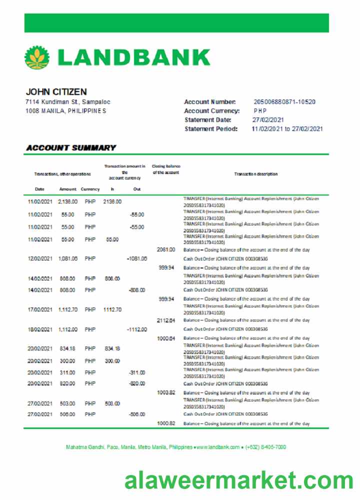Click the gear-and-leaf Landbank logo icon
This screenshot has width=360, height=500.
[x=37, y=57]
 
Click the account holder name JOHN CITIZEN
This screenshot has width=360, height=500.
[x=56, y=92]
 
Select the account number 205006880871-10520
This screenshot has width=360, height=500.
[x=284, y=102]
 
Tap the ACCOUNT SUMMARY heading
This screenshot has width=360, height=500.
[x=71, y=148]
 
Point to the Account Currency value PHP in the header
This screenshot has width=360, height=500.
[x=260, y=111]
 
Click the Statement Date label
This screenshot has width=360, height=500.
[x=208, y=120]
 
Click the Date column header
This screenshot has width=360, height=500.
[x=40, y=189]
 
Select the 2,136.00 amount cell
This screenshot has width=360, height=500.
[x=67, y=201]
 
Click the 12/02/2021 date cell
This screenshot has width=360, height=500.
[x=40, y=259]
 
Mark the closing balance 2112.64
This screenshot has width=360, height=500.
[x=166, y=320]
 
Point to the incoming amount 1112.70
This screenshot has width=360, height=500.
[x=112, y=310]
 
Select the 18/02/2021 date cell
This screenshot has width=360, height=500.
[x=40, y=329]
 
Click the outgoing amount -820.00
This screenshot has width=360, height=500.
[x=136, y=383]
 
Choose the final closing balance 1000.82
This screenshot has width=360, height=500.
[x=166, y=423]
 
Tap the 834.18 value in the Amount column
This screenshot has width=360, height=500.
[x=67, y=348]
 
